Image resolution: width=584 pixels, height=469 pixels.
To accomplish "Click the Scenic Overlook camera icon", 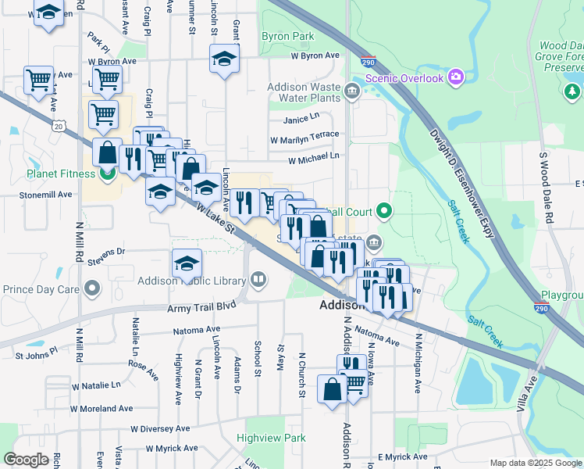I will pyautogui.click(x=456, y=77).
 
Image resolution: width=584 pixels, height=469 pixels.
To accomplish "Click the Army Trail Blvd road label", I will pyautogui.click(x=201, y=308).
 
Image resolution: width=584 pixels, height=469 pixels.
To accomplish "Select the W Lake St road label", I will pyautogui.click(x=216, y=220).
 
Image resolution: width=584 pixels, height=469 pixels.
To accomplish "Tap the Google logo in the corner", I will pyautogui.click(x=26, y=459).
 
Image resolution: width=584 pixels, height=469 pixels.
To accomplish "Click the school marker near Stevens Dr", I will pyautogui.click(x=187, y=264).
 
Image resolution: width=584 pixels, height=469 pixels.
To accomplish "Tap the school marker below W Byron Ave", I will pyautogui.click(x=224, y=59).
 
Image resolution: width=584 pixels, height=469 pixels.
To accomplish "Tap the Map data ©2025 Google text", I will pyautogui.click(x=536, y=463).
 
